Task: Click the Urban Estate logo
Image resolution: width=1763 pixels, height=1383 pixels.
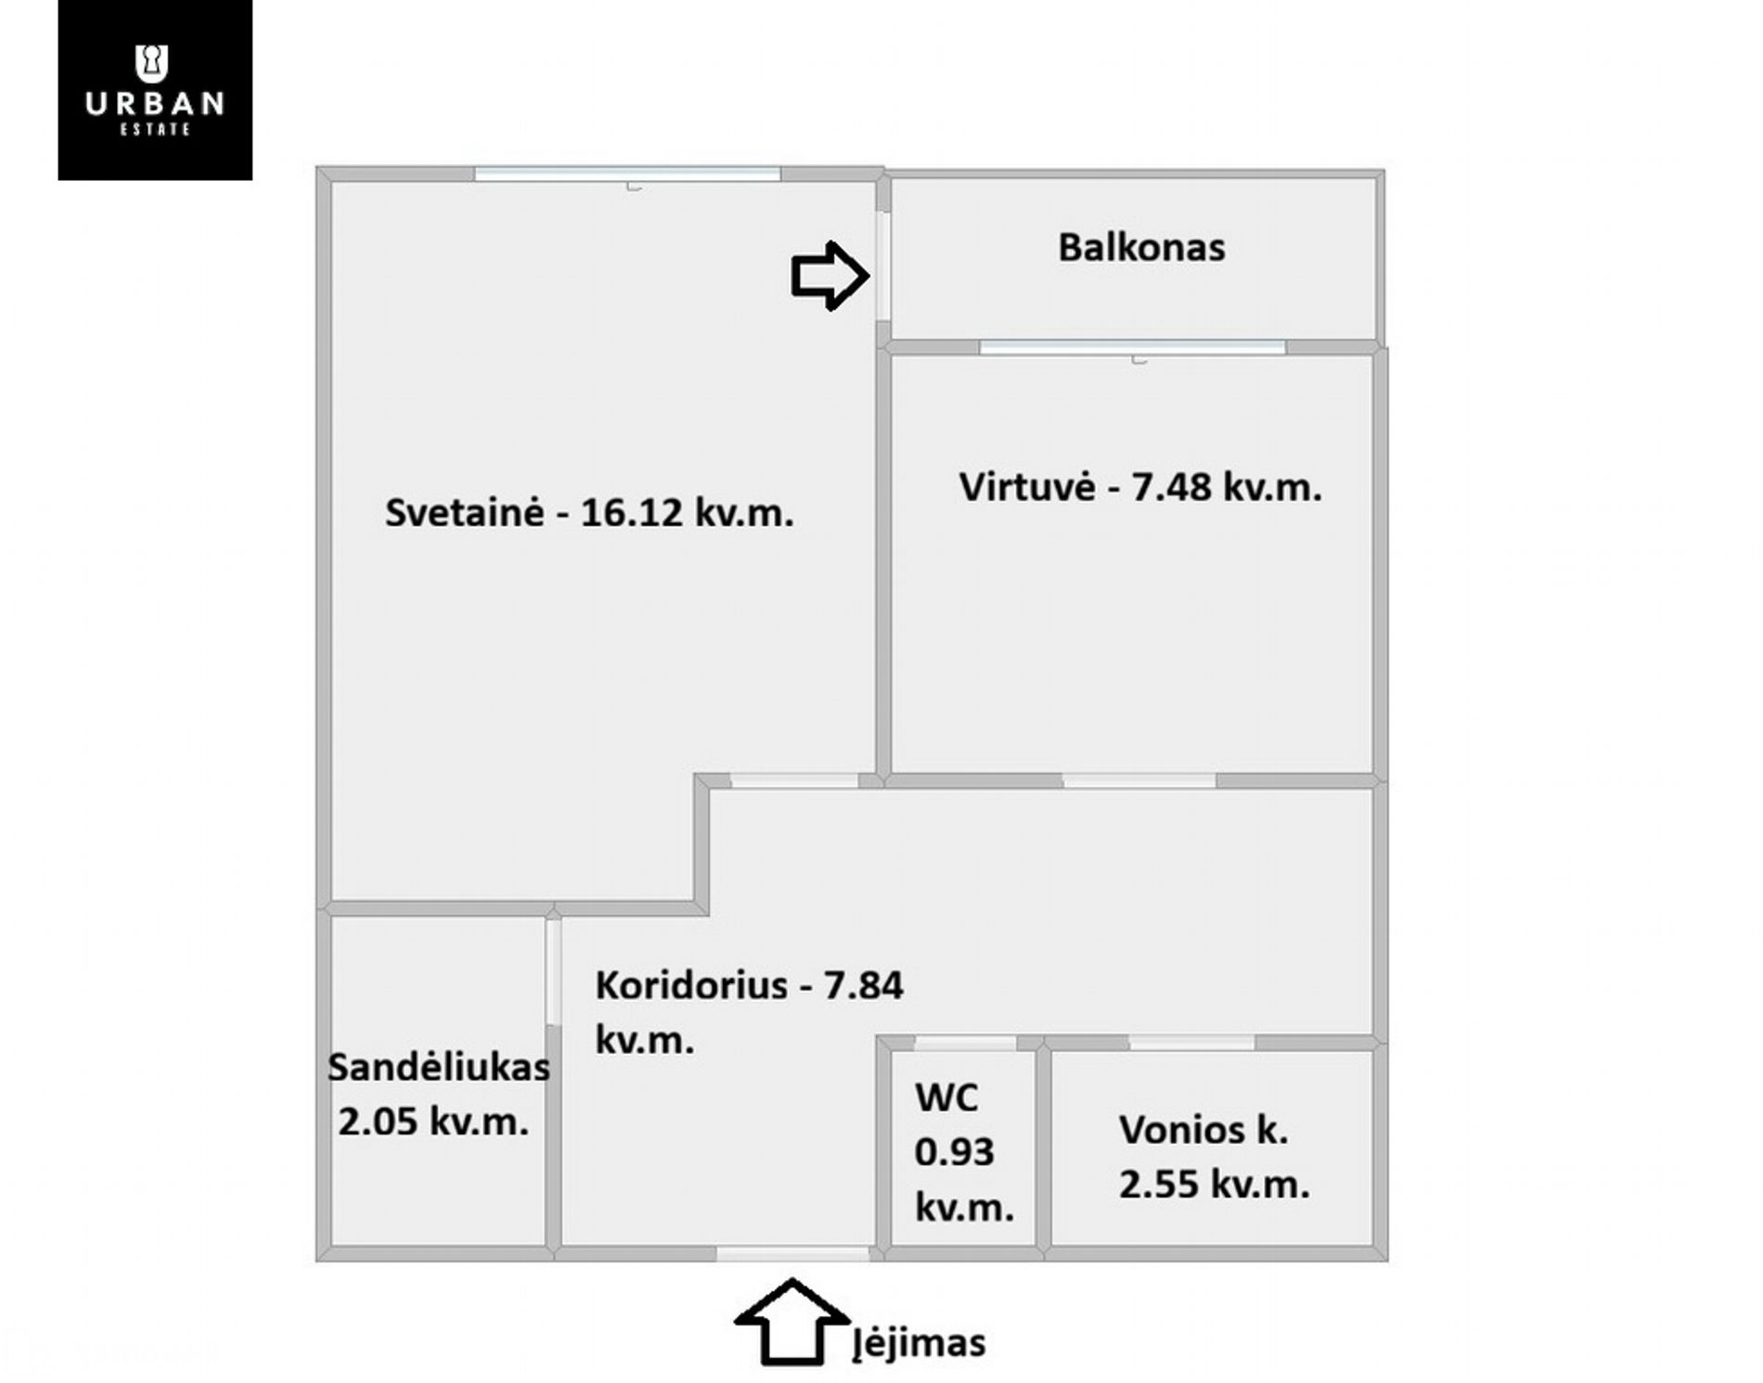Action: (155, 90)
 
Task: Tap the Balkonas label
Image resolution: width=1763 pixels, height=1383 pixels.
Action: (1141, 248)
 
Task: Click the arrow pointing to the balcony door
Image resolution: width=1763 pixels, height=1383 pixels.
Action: (830, 275)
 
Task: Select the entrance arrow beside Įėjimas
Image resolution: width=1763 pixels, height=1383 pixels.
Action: (791, 1323)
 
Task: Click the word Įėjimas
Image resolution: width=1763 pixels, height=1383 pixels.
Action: (920, 1344)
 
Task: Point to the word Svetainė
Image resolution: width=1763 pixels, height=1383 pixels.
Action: (464, 512)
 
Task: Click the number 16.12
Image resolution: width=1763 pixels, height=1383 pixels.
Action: (632, 512)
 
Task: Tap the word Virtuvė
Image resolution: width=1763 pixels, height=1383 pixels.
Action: (1027, 487)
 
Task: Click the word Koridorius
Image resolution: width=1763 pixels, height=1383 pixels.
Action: (691, 985)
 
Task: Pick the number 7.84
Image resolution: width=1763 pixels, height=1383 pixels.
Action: (863, 985)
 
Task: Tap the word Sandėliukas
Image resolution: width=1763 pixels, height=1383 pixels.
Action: (439, 1068)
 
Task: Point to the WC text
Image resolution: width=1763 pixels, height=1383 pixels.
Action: (946, 1098)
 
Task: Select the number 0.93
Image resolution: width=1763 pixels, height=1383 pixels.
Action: (954, 1152)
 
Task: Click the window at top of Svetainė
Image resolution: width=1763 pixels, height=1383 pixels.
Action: (627, 173)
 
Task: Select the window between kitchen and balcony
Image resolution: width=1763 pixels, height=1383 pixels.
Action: (1133, 348)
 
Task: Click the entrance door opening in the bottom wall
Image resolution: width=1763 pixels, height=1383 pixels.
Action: (793, 1254)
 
